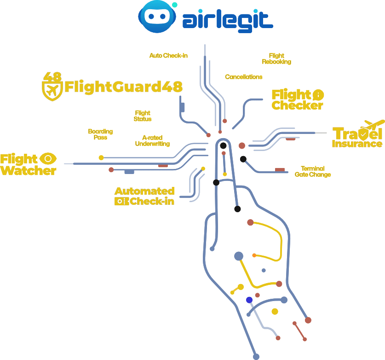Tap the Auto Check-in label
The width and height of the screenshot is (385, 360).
(x=169, y=56)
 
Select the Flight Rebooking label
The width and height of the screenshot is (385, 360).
(x=276, y=58)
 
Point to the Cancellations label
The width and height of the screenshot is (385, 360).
(x=244, y=77)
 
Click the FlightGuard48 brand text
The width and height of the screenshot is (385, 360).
(x=123, y=87)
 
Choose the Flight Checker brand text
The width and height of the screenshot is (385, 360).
(x=297, y=100)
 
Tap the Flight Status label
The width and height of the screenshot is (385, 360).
(x=142, y=116)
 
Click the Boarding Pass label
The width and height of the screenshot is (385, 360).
(x=100, y=134)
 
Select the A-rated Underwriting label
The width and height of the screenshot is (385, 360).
(x=152, y=140)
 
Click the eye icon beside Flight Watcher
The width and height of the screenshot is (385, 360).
(x=48, y=159)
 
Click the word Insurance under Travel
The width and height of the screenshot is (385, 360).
(x=357, y=144)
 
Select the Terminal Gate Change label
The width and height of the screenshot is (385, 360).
(x=313, y=171)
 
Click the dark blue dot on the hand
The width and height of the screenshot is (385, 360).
(x=249, y=300)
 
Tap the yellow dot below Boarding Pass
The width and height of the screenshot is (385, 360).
(x=101, y=157)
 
